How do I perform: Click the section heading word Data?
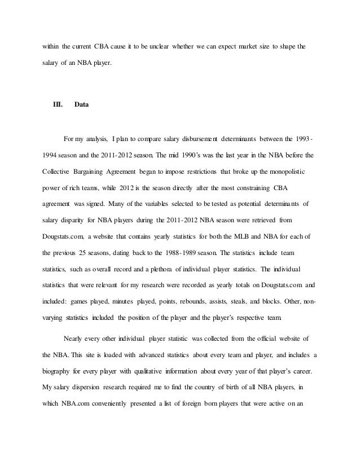click(82, 104)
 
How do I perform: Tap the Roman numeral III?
click(57, 104)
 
